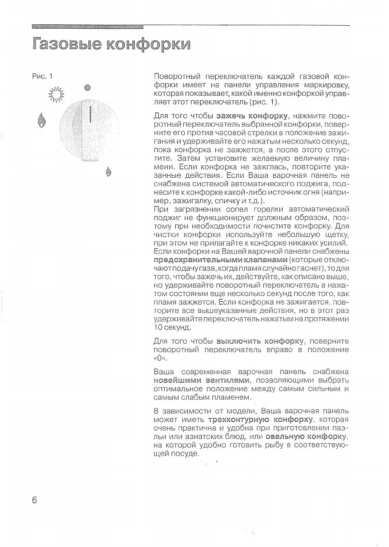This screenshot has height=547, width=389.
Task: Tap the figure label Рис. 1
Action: tap(42, 76)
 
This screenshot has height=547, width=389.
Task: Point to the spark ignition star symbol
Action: tap(56, 95)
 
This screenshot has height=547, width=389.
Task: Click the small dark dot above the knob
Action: tap(87, 87)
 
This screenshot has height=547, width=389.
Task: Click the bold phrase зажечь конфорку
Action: tap(252, 116)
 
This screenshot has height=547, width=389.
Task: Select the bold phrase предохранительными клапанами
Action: tap(220, 260)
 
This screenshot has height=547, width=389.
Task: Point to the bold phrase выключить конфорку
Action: tap(260, 341)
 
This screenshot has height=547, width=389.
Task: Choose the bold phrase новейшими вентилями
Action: tap(201, 380)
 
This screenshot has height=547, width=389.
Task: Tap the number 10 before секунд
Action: tap(158, 327)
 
